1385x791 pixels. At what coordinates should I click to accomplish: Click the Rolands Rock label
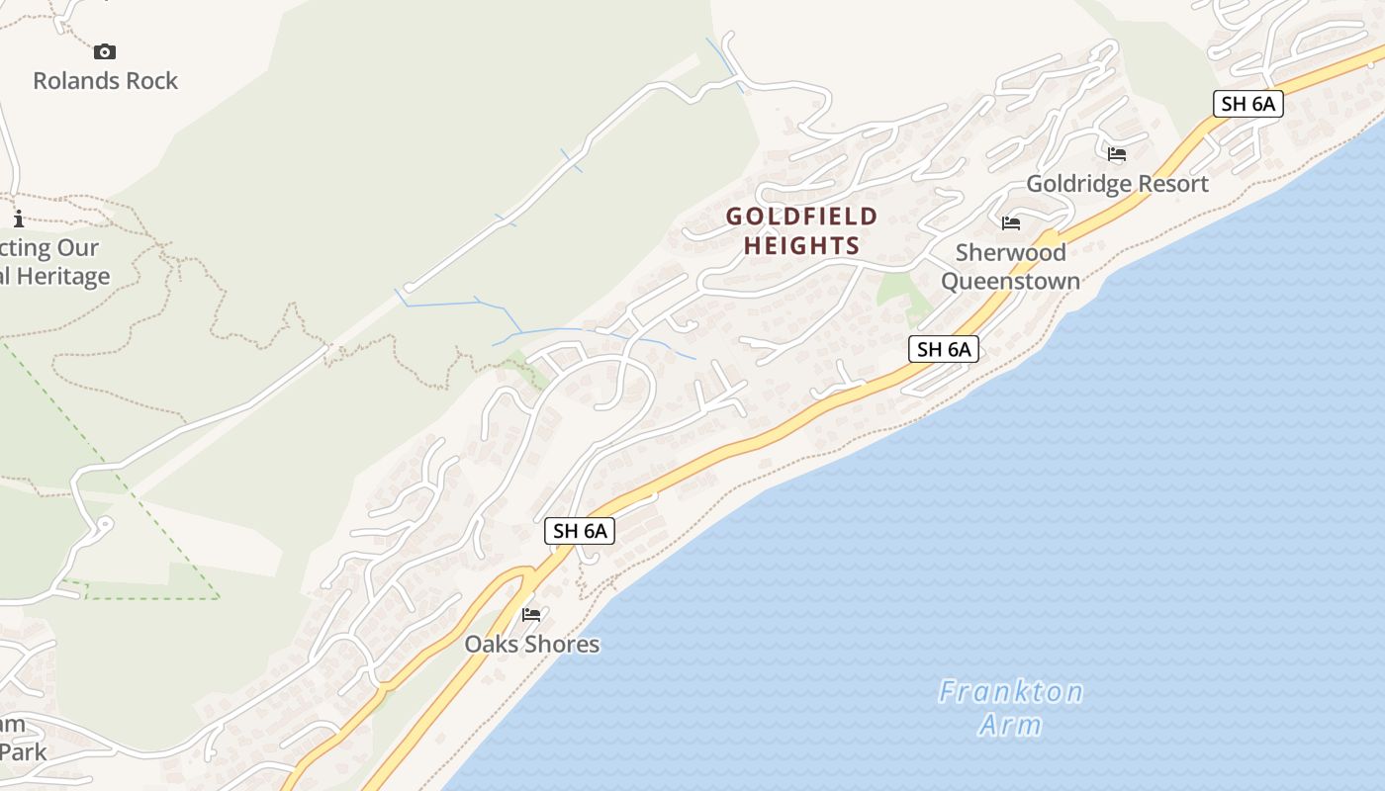(105, 81)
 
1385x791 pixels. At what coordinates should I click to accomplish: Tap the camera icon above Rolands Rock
(105, 51)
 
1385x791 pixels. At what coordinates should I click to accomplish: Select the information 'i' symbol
(18, 219)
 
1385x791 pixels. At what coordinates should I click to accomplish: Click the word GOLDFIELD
(801, 217)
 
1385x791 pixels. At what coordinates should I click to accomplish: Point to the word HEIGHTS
(801, 245)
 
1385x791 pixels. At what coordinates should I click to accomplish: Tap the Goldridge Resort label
(1117, 184)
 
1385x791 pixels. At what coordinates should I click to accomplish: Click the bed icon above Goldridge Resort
(1117, 154)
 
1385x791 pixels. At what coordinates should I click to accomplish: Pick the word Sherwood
(1010, 253)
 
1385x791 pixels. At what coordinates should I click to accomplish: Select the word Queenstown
(1010, 282)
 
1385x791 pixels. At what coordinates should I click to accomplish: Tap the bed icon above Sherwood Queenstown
(1010, 223)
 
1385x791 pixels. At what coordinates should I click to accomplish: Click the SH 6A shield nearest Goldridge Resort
(1247, 104)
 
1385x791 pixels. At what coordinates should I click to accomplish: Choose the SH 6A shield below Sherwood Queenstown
(943, 349)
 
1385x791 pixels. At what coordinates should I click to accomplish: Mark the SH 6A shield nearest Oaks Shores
(580, 531)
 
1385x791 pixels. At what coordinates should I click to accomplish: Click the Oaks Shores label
(532, 645)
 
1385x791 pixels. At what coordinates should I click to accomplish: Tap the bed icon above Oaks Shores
(531, 615)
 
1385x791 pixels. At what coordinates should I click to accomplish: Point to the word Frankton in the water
(1010, 691)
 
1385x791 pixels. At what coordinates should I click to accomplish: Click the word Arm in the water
(1010, 725)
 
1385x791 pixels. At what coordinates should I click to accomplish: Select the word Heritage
(61, 277)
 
